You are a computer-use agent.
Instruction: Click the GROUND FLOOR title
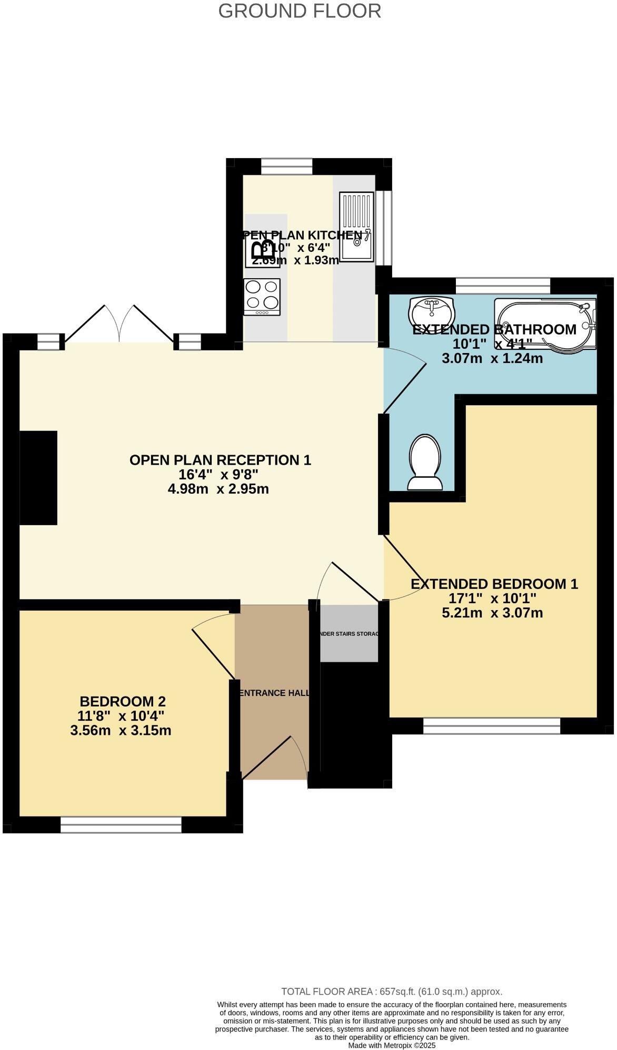point(300,11)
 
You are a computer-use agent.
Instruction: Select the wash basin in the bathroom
point(431,310)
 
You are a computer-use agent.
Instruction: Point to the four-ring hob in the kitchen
point(262,297)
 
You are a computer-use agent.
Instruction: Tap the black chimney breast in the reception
point(38,477)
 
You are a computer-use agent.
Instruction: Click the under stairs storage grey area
point(349,633)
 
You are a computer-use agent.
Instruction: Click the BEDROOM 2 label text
point(123,701)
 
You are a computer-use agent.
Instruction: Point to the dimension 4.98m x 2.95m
point(218,489)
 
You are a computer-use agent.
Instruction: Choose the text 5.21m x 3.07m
point(492,613)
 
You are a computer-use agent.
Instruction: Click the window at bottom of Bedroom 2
point(121,825)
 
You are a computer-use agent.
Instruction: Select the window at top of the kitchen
point(287,166)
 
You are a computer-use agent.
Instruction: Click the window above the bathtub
point(503,286)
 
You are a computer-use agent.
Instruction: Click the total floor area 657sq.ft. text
point(392,992)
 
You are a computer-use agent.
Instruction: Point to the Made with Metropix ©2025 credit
point(392,1045)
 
